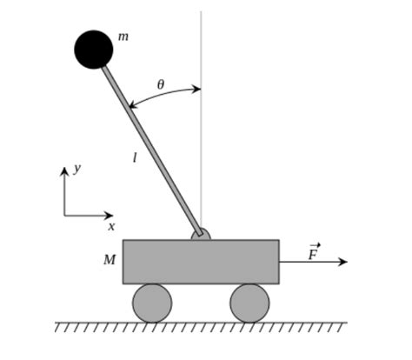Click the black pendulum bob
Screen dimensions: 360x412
click(94, 50)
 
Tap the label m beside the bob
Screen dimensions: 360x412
click(123, 37)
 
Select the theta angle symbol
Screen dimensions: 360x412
click(160, 84)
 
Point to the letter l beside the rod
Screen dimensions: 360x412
click(135, 158)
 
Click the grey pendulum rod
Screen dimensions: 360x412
click(152, 149)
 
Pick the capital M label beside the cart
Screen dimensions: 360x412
click(110, 260)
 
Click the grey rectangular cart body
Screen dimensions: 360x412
click(201, 261)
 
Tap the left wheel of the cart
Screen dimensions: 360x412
click(152, 303)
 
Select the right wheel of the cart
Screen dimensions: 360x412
click(249, 303)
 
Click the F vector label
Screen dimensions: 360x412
click(313, 253)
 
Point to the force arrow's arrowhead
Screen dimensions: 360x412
click(342, 262)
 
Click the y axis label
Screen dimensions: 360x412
click(77, 168)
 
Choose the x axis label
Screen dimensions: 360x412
click(111, 226)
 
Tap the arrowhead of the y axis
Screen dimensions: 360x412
click(64, 171)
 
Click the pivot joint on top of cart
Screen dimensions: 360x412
click(201, 234)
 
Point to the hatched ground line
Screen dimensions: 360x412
click(201, 326)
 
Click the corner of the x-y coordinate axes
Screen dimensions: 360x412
click(64, 215)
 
